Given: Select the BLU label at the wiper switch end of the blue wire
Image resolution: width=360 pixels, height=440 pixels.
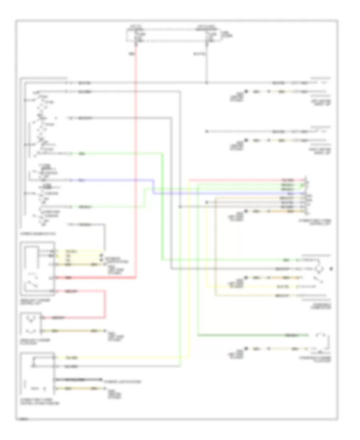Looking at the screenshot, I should tap(82, 181).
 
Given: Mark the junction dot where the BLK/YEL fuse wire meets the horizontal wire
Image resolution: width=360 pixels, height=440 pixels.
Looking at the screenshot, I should tap(206, 83).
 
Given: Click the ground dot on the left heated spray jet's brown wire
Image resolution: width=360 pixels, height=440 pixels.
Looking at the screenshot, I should tap(247, 92).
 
